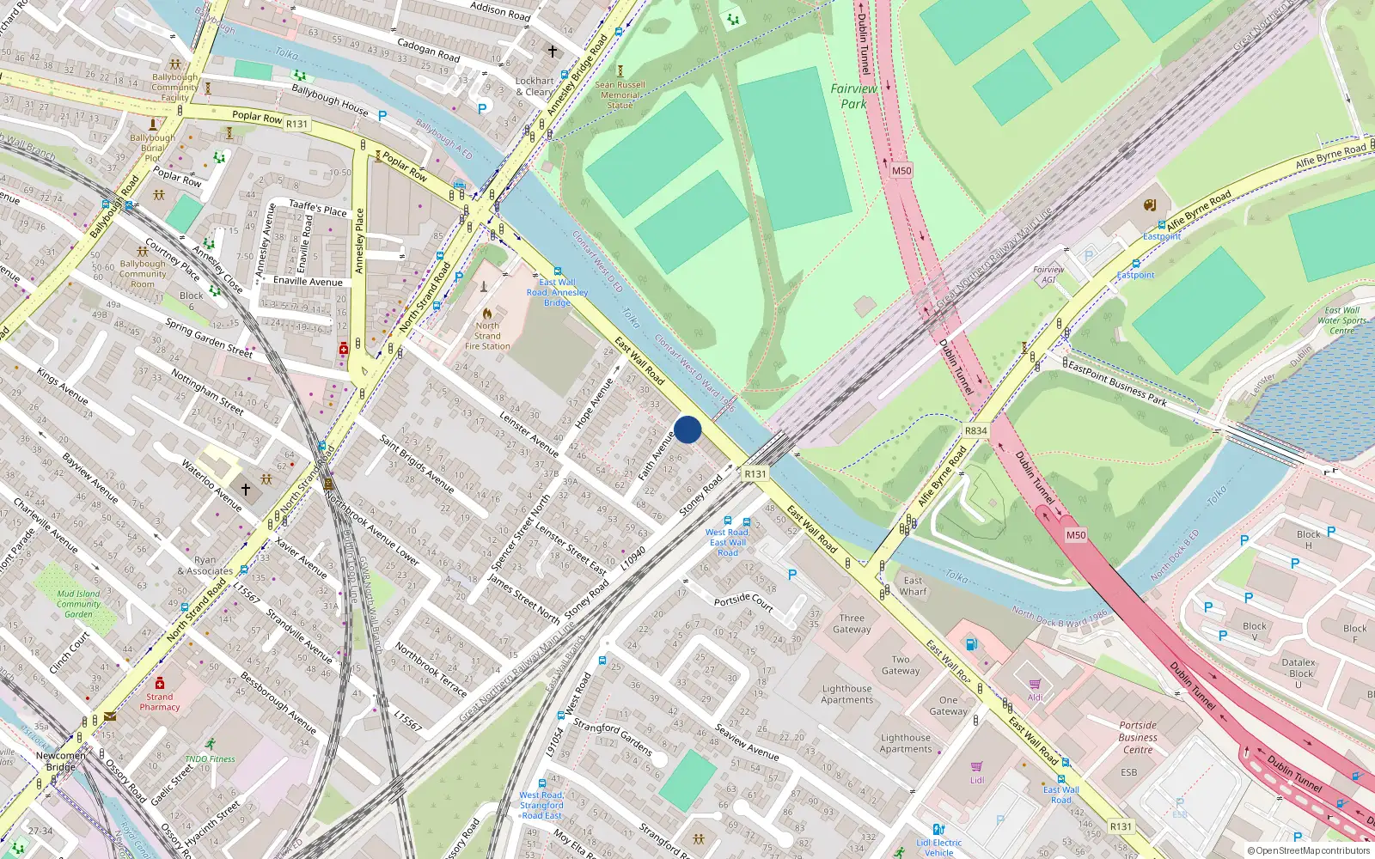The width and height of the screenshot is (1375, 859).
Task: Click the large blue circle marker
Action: click(x=687, y=429)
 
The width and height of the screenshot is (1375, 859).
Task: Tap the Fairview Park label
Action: click(x=853, y=95)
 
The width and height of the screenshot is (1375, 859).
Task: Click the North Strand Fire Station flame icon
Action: click(x=487, y=314)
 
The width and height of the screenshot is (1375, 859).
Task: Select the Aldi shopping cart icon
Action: click(x=1035, y=685)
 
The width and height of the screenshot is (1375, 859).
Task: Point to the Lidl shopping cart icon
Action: click(x=977, y=766)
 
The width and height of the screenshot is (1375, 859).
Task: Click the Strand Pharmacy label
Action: click(x=160, y=702)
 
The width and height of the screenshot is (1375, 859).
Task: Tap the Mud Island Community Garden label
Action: click(x=78, y=604)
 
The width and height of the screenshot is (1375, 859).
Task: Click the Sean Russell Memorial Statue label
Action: click(x=620, y=94)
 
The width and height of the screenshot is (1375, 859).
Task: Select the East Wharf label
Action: click(x=913, y=586)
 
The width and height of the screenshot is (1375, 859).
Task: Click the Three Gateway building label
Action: click(x=852, y=624)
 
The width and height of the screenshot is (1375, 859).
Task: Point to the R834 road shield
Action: click(x=975, y=431)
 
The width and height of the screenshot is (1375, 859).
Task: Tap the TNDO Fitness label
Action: click(x=210, y=759)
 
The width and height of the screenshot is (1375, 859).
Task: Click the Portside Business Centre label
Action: click(x=1138, y=737)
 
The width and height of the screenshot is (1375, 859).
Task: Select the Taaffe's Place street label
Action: click(x=318, y=207)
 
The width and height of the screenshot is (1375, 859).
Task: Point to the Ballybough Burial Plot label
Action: click(x=152, y=148)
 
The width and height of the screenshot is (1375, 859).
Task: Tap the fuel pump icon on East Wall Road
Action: click(x=971, y=644)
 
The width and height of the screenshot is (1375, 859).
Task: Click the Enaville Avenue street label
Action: click(x=308, y=282)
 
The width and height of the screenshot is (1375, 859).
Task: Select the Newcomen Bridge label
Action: click(x=60, y=761)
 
